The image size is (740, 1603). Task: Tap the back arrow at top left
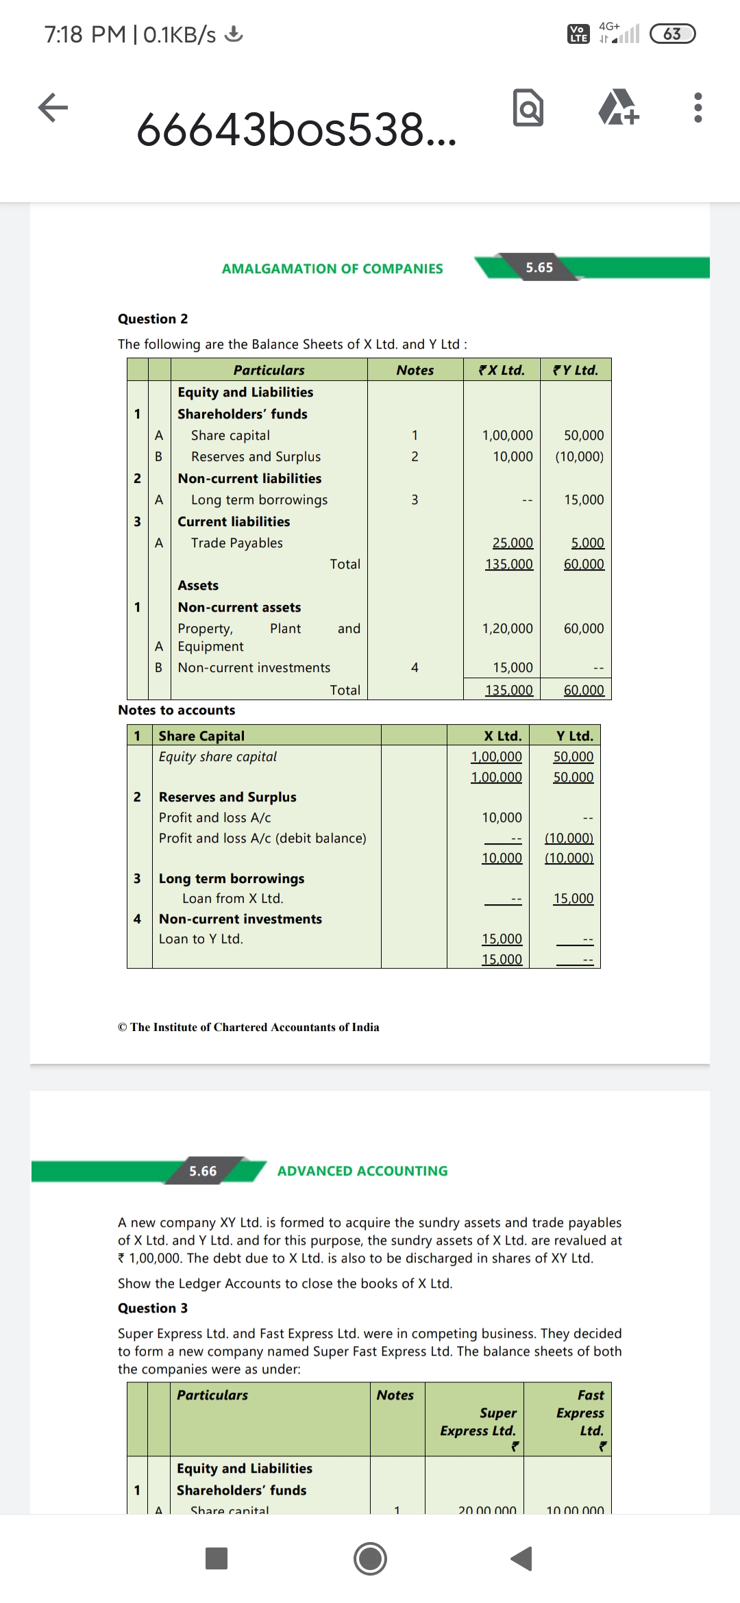pos(53,108)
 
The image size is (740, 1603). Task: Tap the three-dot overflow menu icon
pos(698,108)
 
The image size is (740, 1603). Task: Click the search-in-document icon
pos(528,108)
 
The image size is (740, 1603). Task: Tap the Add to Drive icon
pos(619,108)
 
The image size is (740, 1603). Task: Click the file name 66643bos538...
pos(296,129)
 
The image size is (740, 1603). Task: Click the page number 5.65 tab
pos(539,268)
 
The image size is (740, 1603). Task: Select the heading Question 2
pos(153,319)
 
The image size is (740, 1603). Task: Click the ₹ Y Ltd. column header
pos(576,370)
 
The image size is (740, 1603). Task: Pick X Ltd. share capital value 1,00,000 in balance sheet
pos(507,435)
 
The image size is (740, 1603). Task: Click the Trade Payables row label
pos(236,543)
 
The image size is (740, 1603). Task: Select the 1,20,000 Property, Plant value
pos(507,628)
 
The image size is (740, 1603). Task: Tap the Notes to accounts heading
pos(176,710)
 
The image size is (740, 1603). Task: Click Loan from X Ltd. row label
pos(232,898)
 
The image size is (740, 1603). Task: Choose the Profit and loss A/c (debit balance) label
pos(262,838)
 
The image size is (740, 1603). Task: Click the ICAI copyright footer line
pos(248,1027)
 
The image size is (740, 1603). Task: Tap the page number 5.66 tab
pos(203,1171)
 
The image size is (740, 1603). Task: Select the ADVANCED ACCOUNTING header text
pos(362,1171)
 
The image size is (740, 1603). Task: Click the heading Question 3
pos(153,1308)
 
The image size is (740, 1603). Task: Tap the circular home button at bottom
pos(370,1558)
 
